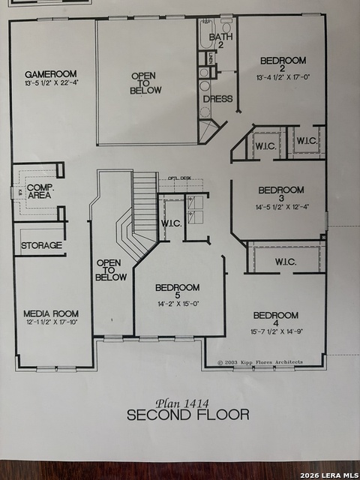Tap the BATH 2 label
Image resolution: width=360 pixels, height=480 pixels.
click(x=221, y=40)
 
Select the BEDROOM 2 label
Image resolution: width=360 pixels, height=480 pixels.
click(x=283, y=61)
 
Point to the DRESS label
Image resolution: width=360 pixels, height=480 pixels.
click(x=217, y=99)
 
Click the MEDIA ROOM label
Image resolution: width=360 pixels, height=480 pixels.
click(x=51, y=313)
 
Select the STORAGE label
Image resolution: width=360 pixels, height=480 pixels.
click(x=41, y=245)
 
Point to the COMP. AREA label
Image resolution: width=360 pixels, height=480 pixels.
click(x=38, y=191)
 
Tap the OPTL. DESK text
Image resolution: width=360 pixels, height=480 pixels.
click(x=179, y=178)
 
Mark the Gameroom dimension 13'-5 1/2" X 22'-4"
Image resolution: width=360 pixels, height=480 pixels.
click(x=52, y=83)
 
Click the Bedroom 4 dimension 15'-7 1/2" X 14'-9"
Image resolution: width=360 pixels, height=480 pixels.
click(x=275, y=331)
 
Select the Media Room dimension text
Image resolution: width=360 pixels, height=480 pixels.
click(x=51, y=323)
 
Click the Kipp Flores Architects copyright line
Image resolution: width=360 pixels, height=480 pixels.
click(x=260, y=362)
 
